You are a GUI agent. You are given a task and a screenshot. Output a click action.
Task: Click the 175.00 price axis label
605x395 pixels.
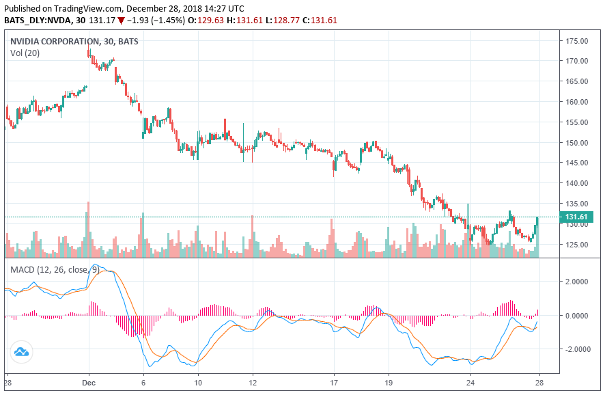(577, 41)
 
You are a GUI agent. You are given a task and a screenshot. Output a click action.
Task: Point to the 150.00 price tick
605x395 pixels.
(577, 143)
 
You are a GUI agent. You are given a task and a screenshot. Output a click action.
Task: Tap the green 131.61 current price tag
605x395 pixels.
(577, 217)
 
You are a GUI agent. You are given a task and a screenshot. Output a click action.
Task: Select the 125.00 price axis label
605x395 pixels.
(577, 245)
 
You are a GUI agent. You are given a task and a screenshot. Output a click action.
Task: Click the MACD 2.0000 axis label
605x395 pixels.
(577, 282)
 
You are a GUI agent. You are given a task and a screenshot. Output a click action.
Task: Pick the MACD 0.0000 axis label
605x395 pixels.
(577, 316)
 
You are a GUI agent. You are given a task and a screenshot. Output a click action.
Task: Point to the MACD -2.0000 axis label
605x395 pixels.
(576, 349)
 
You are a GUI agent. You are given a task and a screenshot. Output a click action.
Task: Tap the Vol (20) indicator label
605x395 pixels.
(25, 53)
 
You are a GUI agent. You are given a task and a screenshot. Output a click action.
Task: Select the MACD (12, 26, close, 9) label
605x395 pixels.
(54, 269)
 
